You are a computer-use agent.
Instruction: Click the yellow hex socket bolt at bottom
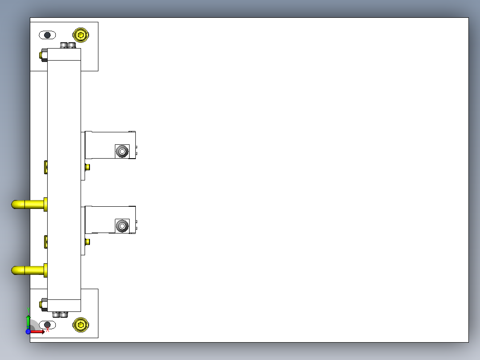click(81, 325)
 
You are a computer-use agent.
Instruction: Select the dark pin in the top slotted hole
click(47, 35)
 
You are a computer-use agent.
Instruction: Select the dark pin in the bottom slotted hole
click(48, 325)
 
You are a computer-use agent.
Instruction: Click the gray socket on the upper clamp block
click(122, 152)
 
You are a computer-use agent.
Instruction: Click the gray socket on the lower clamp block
click(122, 226)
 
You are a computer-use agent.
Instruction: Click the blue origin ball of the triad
click(28, 331)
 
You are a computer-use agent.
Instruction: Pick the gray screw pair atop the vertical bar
click(68, 45)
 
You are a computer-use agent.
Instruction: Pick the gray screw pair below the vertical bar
click(61, 315)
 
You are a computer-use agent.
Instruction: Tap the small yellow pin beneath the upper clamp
click(87, 167)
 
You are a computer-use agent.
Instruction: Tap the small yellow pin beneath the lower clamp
click(87, 242)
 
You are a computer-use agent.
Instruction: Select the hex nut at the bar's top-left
click(44, 55)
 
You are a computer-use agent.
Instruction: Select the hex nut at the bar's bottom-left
click(44, 305)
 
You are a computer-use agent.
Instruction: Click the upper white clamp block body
click(100, 145)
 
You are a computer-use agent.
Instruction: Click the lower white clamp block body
click(100, 219)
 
